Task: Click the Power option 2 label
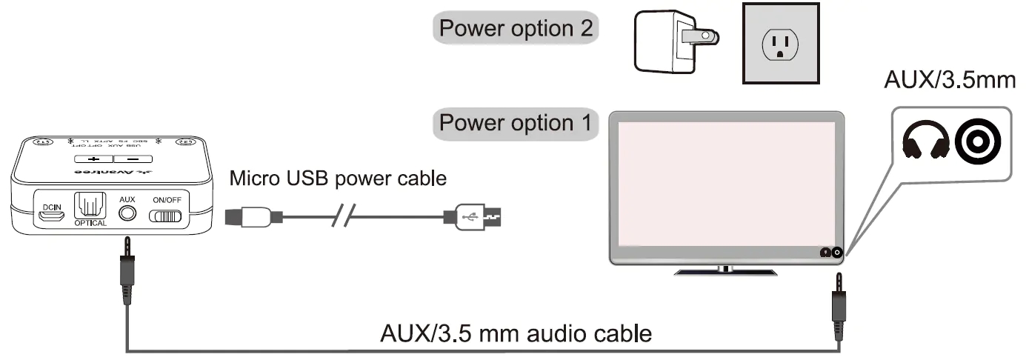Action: tap(516, 29)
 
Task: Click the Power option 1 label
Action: tap(516, 122)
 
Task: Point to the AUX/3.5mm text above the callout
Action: tap(950, 80)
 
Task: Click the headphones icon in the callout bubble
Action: tap(925, 139)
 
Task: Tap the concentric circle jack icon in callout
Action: tap(977, 139)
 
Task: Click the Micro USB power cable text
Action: tap(339, 179)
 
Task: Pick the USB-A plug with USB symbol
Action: tap(479, 217)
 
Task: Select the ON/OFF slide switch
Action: tap(166, 216)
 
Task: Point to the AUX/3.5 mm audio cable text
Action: tap(516, 333)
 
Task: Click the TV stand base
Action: tap(725, 271)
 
